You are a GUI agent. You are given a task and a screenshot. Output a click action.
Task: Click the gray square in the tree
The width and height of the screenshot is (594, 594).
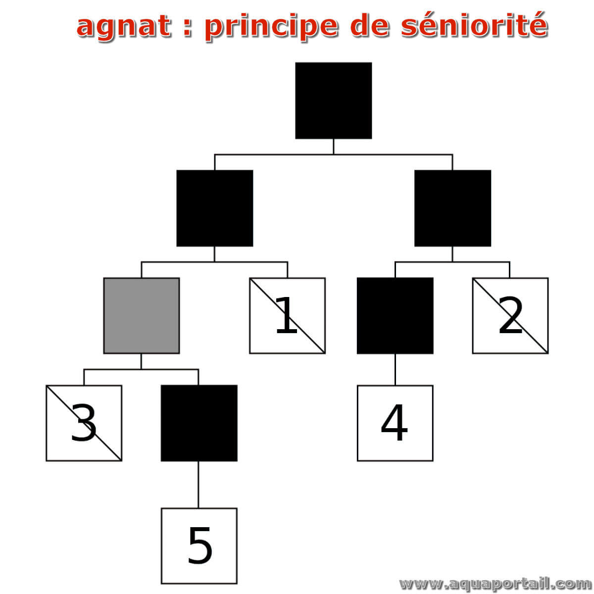coord(141,315)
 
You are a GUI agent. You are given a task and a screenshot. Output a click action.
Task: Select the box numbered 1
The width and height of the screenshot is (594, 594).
coord(287,315)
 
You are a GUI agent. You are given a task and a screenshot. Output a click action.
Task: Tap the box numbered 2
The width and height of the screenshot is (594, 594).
coord(510,315)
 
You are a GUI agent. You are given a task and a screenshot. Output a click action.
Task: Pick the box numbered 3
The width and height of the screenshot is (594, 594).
coord(84,423)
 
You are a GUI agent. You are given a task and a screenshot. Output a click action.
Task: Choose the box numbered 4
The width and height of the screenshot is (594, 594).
coord(395,423)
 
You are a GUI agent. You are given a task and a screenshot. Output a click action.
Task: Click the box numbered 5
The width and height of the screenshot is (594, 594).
coord(199,545)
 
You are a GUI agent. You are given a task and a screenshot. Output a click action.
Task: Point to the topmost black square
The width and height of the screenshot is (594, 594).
coord(333,100)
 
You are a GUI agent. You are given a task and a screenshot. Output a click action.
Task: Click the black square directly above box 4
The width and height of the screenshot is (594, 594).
coord(395,315)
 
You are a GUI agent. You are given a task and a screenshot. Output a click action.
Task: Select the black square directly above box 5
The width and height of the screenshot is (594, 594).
coord(199,423)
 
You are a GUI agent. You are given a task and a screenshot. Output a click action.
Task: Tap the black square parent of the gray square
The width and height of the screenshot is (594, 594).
coord(214,208)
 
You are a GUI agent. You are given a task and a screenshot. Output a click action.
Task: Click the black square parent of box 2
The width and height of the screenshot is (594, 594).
coord(452,208)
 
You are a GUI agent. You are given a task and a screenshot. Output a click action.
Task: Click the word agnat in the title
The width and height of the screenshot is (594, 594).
coord(124,27)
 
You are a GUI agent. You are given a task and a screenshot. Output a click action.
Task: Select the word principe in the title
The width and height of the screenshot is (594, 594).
coord(271,27)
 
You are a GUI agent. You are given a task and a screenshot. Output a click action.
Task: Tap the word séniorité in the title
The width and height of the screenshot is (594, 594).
coord(474,25)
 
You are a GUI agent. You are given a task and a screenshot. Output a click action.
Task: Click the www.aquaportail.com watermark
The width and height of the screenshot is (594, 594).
coord(495,584)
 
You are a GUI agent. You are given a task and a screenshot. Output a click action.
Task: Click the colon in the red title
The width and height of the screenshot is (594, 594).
coord(187,28)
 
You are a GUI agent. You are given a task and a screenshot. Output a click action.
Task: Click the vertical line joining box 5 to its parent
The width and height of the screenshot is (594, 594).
coord(198,485)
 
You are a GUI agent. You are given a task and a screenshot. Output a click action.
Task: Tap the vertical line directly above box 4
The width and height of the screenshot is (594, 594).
coord(395,369)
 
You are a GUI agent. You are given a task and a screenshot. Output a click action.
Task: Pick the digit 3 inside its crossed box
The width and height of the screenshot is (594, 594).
coord(84,422)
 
